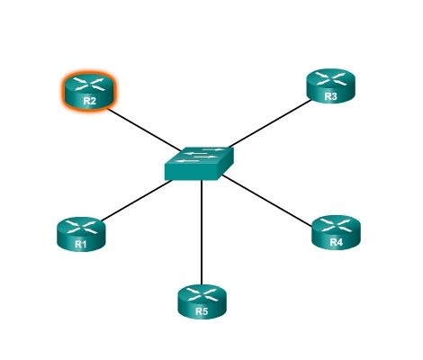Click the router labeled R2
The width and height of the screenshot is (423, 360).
(89, 91)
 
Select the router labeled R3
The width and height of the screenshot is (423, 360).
(330, 86)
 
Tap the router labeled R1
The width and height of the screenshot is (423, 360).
(81, 234)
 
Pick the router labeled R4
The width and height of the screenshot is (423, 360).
(336, 232)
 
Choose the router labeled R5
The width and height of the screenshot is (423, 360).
(202, 301)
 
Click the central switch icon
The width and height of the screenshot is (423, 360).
(199, 164)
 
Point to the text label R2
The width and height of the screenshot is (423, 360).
(89, 101)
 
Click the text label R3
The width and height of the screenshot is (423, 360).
(330, 96)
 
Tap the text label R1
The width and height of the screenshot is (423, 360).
(81, 244)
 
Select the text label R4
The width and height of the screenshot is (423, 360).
(336, 242)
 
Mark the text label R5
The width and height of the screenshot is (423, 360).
(202, 311)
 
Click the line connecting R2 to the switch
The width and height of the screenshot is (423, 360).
(144, 130)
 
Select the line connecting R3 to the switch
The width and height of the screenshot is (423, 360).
(270, 123)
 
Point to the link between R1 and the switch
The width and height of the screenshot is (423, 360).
(137, 201)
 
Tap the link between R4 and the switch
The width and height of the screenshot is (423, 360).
(266, 200)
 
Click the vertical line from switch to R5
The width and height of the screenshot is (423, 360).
(202, 232)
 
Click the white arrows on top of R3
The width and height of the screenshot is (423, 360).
(330, 79)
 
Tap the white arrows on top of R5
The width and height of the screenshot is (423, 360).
(202, 294)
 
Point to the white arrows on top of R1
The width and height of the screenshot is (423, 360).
(81, 227)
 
